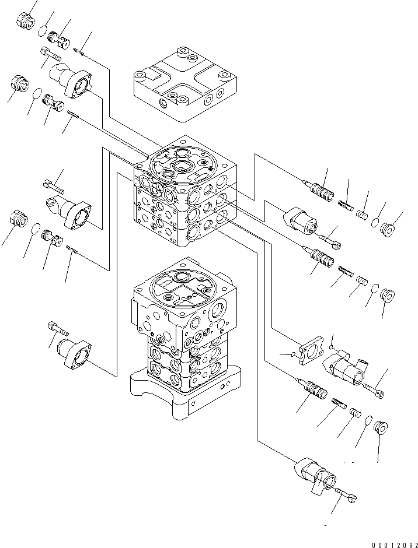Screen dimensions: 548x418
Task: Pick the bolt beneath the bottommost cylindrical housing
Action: point(348,497)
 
